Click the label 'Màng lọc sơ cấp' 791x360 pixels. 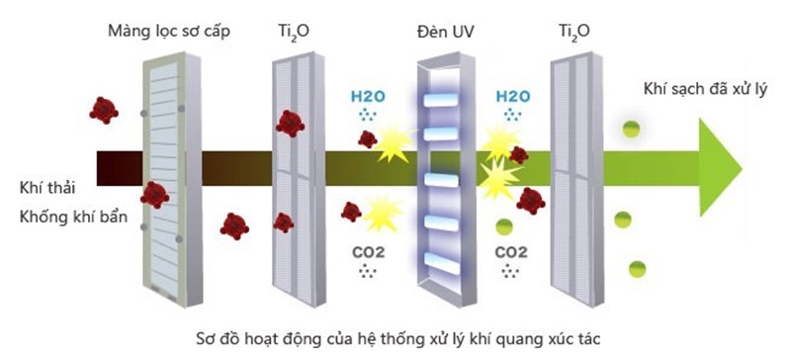[x=169, y=31]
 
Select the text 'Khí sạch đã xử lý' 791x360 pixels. [x=692, y=90]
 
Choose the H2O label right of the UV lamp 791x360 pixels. [x=512, y=97]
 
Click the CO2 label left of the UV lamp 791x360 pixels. [x=368, y=251]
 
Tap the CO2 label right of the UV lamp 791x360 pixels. [x=511, y=251]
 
